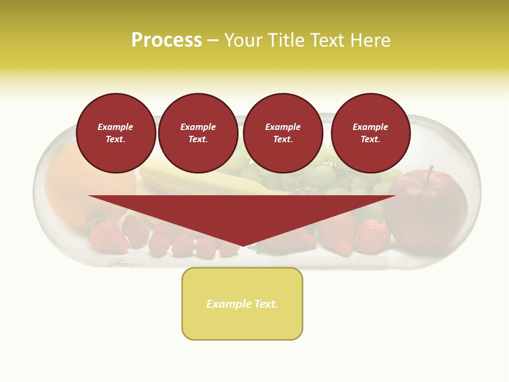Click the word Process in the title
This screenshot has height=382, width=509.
[x=166, y=40]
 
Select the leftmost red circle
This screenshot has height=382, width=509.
[x=116, y=133]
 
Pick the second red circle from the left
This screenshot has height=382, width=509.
[x=198, y=133]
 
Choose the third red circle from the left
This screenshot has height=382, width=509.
[x=283, y=133]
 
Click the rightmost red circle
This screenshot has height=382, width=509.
[x=371, y=133]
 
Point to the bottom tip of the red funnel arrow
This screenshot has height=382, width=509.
[x=243, y=245]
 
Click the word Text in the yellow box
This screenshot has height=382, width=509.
[x=265, y=304]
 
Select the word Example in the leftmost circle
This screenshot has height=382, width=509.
[x=116, y=127]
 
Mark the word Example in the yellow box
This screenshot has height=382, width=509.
[x=228, y=304]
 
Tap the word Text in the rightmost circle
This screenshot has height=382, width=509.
[x=370, y=140]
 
